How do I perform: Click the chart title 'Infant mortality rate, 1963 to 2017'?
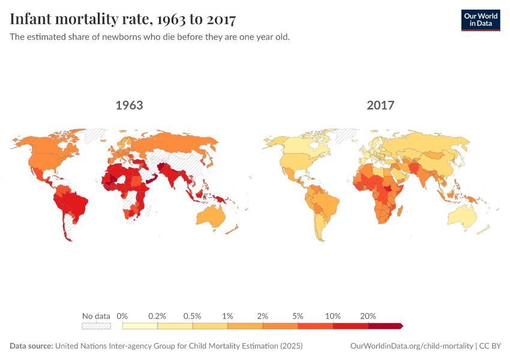123,19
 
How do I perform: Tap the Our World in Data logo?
481,20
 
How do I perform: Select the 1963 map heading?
129,106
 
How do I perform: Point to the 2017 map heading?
380,106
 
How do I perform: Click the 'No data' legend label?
96,316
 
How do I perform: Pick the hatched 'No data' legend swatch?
96,326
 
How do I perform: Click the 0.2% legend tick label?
158,316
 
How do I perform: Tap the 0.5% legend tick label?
193,316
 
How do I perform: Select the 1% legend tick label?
228,316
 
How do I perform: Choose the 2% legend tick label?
263,316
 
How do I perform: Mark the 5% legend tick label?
298,316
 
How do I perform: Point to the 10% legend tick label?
333,316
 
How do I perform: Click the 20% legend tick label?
368,316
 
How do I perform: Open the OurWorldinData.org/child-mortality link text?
411,346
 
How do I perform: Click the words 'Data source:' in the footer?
31,346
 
